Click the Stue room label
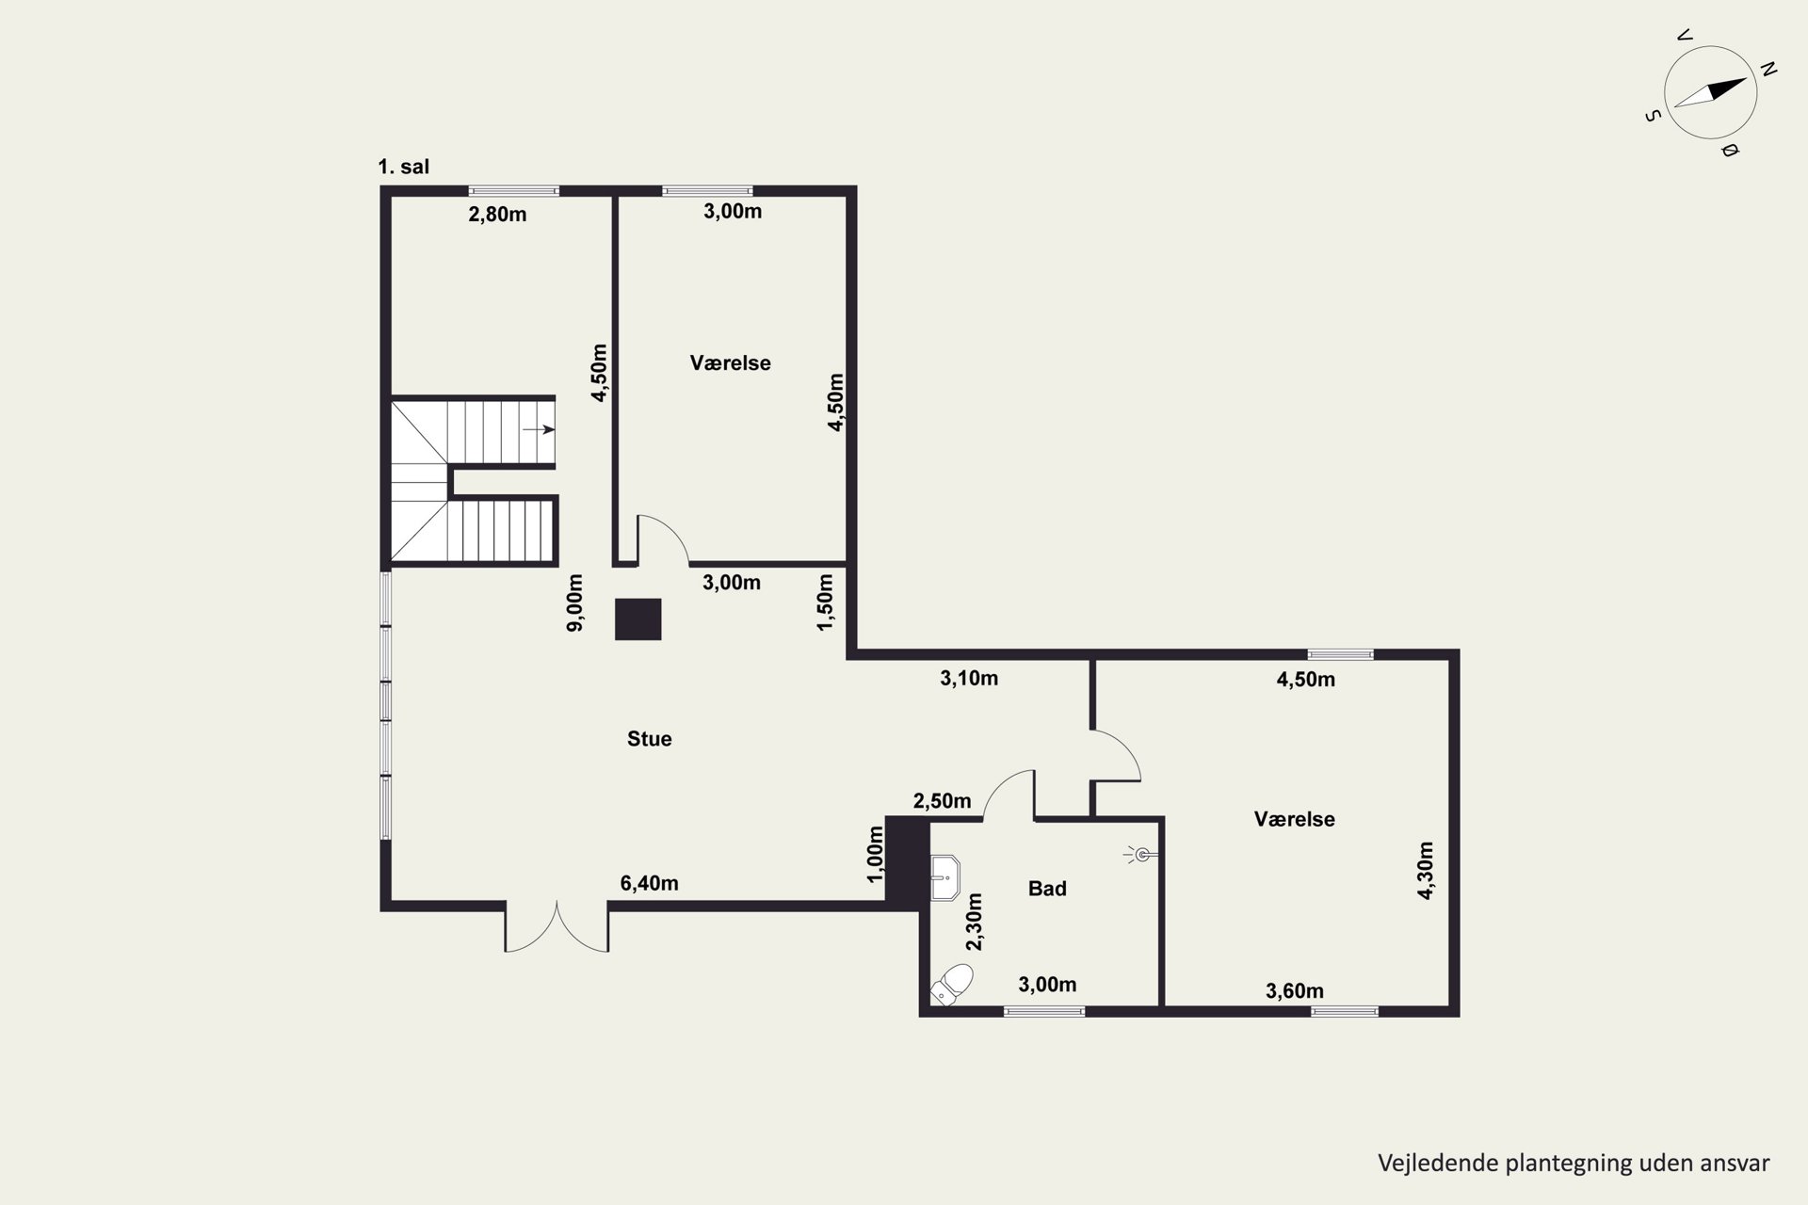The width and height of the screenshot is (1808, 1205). (x=649, y=739)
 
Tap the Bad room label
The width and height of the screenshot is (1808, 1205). (x=1047, y=889)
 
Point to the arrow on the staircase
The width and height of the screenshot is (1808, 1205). (x=539, y=429)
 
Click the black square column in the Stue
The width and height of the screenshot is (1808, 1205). (x=638, y=619)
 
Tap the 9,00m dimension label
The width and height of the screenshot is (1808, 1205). (x=574, y=602)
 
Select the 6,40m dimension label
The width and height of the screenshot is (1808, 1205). (x=649, y=883)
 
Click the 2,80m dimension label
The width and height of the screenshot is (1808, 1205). (x=497, y=215)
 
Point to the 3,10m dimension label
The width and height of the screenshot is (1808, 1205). (x=969, y=678)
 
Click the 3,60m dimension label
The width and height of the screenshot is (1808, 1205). (x=1295, y=990)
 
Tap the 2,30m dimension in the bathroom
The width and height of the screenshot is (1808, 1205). (x=974, y=922)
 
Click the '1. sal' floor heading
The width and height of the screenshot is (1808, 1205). (x=403, y=167)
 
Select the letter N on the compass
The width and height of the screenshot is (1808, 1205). (x=1768, y=69)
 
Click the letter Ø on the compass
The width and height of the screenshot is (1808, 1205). (x=1729, y=150)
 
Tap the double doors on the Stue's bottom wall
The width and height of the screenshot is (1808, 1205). (x=557, y=927)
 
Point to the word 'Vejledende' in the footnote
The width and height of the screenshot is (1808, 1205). (x=1438, y=1164)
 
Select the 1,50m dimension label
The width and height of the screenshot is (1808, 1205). (x=825, y=602)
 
